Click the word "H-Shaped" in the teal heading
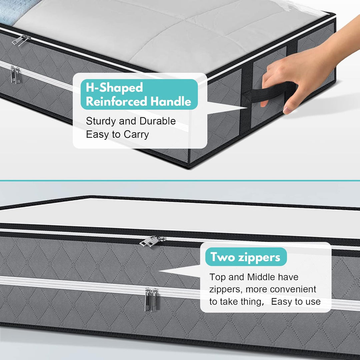(x=114, y=87)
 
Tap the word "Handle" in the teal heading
(x=171, y=101)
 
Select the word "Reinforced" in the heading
(x=116, y=101)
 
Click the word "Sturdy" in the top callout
(x=101, y=121)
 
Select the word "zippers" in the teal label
(x=259, y=257)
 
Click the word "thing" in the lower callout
(x=252, y=302)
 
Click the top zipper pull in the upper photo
(x=21, y=40)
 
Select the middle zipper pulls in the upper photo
(x=15, y=75)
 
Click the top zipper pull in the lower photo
(x=152, y=241)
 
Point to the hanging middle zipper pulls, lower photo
(x=152, y=299)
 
